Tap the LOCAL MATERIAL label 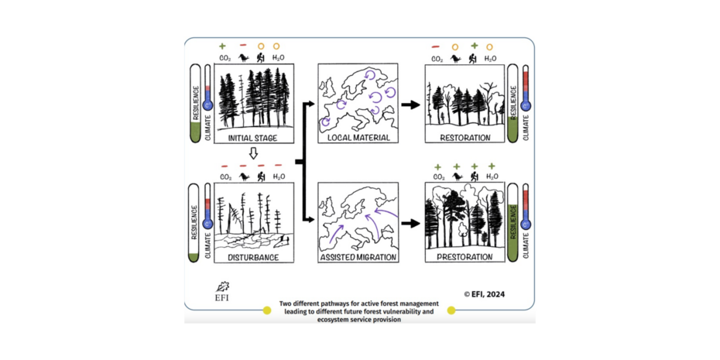pyautogui.click(x=357, y=139)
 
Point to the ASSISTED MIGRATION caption pyautogui.click(x=357, y=257)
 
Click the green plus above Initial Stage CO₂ pyautogui.click(x=223, y=46)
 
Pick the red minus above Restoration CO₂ pyautogui.click(x=436, y=46)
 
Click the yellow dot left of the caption pyautogui.click(x=267, y=310)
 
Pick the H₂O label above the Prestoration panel pyautogui.click(x=491, y=177)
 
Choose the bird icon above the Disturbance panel pyautogui.click(x=244, y=177)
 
